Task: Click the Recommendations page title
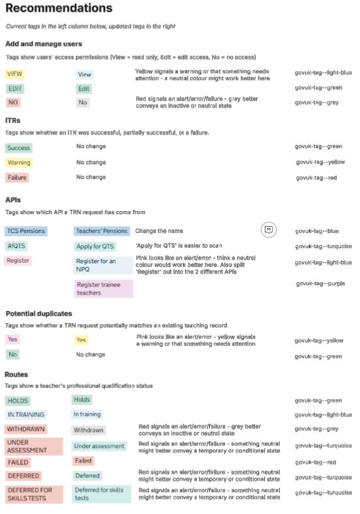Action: coord(59,9)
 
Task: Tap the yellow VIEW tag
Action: coord(14,74)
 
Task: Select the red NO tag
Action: coord(13,102)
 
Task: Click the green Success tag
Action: coord(18,148)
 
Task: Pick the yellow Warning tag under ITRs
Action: coord(19,163)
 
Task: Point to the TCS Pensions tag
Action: coord(26,231)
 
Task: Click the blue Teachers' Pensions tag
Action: coord(102,231)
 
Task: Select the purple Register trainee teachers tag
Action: coord(103,288)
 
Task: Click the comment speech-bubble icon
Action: coord(269,230)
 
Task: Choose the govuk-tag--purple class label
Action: coord(320,283)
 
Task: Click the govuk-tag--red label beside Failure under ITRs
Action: coord(316,178)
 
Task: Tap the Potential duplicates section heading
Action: coord(38,313)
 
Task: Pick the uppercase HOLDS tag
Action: coord(18,401)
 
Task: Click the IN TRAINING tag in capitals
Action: coord(26,414)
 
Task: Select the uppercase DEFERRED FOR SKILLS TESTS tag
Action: coord(34,493)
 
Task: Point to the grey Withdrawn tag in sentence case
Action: coord(88,430)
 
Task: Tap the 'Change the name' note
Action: coord(159,231)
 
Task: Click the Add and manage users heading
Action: coord(44,43)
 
